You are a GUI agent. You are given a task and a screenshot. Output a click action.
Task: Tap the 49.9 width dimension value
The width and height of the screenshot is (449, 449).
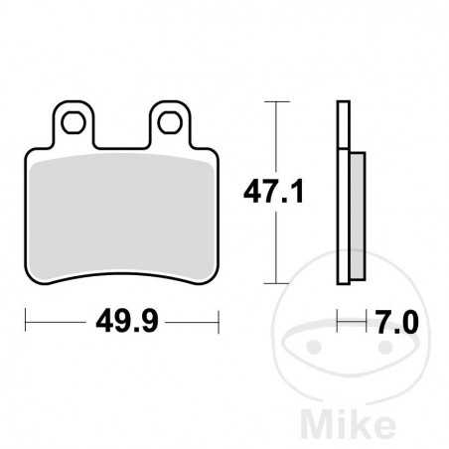[x=120, y=322]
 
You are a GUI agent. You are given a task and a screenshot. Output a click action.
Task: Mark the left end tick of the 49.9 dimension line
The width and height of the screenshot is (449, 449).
[x=26, y=321]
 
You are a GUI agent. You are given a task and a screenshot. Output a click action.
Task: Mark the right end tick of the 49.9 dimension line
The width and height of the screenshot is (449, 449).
[x=216, y=321]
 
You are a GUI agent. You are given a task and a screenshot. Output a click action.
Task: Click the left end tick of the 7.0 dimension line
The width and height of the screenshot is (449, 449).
[x=339, y=321]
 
